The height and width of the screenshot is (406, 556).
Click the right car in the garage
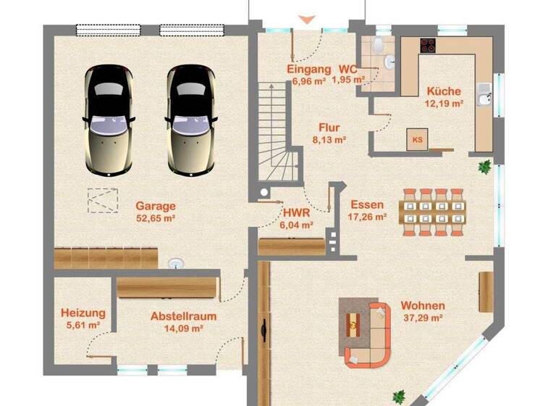(x=190, y=120)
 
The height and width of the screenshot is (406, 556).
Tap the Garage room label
(x=156, y=205)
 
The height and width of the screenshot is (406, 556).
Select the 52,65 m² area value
(x=156, y=217)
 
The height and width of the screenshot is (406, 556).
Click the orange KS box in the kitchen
(x=417, y=139)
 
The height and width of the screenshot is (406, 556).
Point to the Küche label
(x=444, y=91)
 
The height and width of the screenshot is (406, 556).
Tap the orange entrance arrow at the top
(x=307, y=19)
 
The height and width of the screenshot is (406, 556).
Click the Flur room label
(x=329, y=128)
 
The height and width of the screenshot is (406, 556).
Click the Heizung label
(x=83, y=313)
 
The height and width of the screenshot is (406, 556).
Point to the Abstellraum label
(x=183, y=316)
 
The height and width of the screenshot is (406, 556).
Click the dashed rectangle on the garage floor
(x=104, y=200)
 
